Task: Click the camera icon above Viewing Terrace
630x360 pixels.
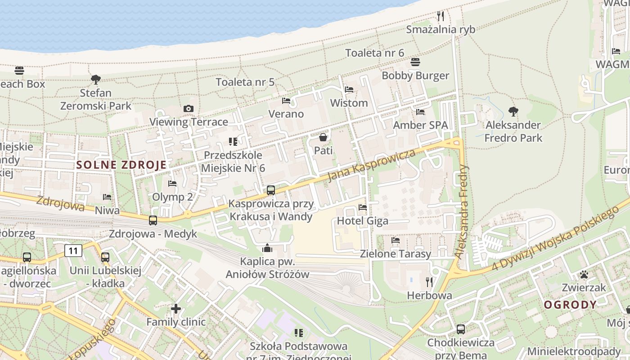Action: [189, 108]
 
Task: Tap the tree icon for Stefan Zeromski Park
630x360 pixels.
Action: [95, 80]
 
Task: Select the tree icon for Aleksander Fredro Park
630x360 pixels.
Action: [513, 111]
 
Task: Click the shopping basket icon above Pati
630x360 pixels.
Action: [323, 137]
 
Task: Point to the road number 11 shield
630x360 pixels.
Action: [73, 251]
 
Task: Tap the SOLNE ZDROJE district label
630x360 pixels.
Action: [121, 165]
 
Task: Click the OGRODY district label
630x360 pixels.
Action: [570, 305]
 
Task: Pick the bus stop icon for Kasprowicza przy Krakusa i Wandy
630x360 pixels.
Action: [270, 190]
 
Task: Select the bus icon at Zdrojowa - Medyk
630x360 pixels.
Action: [153, 220]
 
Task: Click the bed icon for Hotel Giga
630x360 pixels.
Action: [363, 207]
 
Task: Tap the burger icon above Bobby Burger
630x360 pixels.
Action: [415, 62]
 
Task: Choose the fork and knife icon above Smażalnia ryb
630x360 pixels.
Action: [441, 16]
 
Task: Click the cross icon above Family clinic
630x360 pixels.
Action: [176, 309]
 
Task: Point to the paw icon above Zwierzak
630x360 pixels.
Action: [584, 274]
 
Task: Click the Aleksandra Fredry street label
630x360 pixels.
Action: [462, 211]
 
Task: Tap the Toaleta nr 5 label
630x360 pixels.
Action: [245, 82]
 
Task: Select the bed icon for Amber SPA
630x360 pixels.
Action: [420, 112]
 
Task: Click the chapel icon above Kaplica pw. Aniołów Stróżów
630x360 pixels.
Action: [267, 248]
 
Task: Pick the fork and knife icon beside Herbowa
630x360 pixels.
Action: [429, 282]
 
